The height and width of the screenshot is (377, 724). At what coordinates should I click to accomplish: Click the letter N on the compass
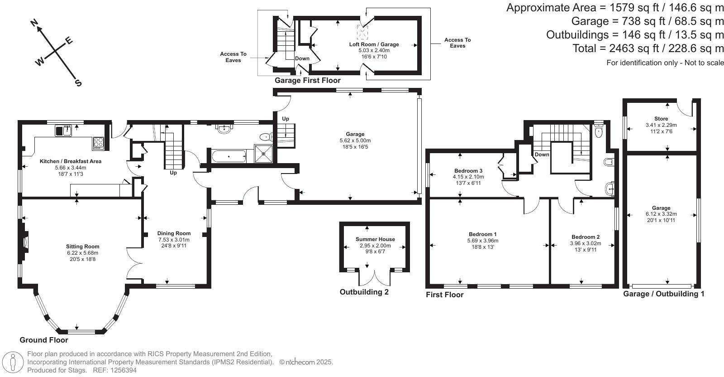[x=34, y=23]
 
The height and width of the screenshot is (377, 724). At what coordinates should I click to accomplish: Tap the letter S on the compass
[x=78, y=83]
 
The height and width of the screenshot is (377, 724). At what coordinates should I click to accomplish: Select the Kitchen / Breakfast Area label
[x=70, y=161]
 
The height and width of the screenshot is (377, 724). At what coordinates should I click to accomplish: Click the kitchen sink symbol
[x=64, y=131]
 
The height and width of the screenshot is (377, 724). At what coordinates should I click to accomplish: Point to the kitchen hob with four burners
[x=99, y=143]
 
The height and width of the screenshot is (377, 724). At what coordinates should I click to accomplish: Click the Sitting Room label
[x=82, y=247]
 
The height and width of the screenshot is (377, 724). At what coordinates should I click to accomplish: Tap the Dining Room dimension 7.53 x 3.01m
[x=174, y=240]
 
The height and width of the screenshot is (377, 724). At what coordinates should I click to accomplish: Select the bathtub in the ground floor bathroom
[x=229, y=157]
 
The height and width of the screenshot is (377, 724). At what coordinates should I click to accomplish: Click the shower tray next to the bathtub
[x=264, y=153]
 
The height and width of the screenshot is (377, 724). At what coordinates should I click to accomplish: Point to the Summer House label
[x=375, y=239]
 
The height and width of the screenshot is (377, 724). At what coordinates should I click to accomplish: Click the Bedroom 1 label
[x=483, y=234]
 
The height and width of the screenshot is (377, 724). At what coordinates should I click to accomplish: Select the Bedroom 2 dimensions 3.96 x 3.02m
[x=586, y=243]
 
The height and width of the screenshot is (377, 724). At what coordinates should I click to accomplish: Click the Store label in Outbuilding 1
[x=661, y=119]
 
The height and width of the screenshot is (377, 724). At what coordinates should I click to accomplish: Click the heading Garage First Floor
[x=307, y=81]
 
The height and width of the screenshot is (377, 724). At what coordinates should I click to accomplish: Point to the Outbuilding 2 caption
[x=364, y=292]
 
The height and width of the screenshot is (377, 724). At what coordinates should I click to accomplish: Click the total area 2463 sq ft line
[x=648, y=48]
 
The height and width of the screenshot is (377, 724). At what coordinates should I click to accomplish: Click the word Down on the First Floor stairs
[x=542, y=155]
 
